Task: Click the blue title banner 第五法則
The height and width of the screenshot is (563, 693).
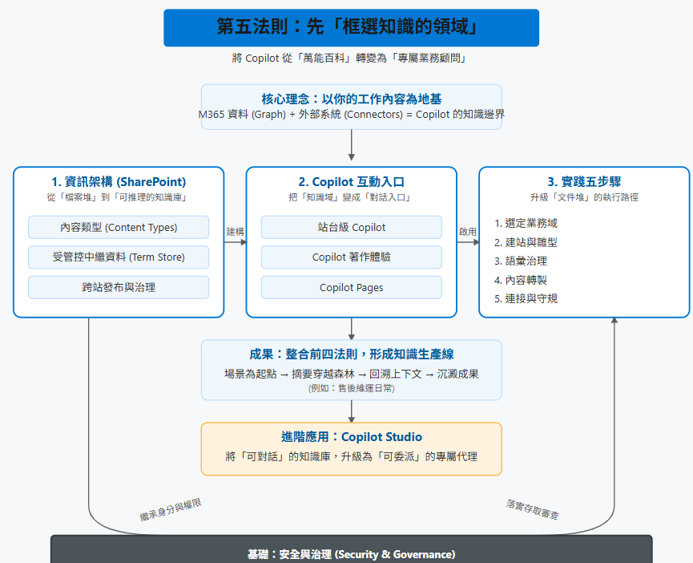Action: (x=351, y=27)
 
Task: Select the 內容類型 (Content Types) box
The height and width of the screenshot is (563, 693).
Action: (x=119, y=227)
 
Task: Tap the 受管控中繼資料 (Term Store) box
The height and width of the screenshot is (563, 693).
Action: (x=119, y=257)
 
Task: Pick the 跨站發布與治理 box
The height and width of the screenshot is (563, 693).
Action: (x=119, y=287)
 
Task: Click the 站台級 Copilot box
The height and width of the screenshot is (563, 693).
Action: (x=351, y=227)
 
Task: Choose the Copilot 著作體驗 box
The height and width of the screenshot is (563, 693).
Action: (x=351, y=257)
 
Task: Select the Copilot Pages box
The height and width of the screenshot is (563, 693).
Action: (x=351, y=287)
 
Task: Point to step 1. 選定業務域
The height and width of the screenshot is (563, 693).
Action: (x=526, y=223)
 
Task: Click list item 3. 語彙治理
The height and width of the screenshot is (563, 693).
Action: (x=521, y=261)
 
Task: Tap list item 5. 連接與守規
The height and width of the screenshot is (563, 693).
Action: (x=526, y=298)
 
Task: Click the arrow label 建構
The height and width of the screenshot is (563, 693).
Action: (x=235, y=231)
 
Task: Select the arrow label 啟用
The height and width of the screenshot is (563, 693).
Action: (x=467, y=231)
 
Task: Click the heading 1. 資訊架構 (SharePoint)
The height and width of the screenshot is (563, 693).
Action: (x=119, y=182)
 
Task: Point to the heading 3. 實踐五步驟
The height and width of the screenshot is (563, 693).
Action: (x=583, y=182)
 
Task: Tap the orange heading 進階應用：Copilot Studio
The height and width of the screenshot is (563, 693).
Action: (x=351, y=437)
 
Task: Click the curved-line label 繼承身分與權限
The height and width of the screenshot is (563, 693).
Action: (x=170, y=510)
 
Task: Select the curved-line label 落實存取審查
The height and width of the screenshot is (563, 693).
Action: (x=533, y=510)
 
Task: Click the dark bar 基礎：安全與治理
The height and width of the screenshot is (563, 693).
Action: (x=351, y=554)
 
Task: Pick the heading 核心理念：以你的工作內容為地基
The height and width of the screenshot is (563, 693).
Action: (x=351, y=99)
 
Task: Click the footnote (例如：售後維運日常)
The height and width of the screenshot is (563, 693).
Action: (x=351, y=388)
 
